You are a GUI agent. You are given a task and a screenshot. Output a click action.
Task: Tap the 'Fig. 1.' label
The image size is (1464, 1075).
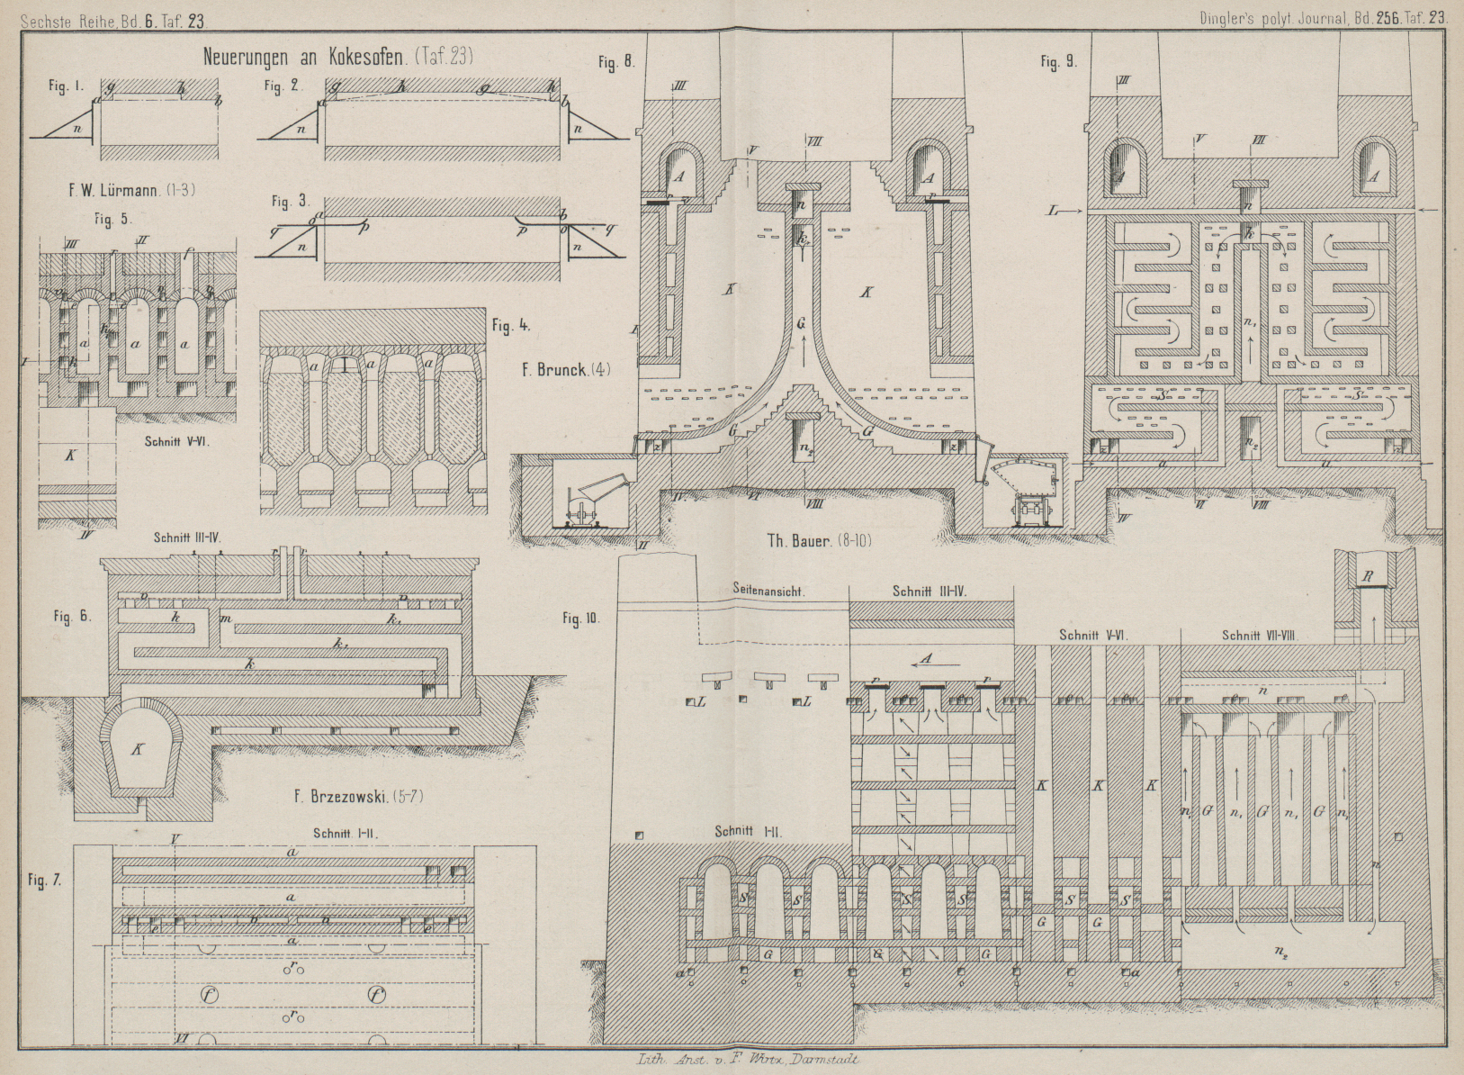point(67,87)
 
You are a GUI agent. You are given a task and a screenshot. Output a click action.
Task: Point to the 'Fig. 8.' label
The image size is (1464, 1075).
point(616,62)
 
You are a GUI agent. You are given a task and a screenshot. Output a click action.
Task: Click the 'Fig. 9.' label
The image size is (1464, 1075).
point(1058,62)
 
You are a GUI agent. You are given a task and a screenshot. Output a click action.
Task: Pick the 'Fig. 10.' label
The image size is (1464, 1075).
point(582,619)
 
